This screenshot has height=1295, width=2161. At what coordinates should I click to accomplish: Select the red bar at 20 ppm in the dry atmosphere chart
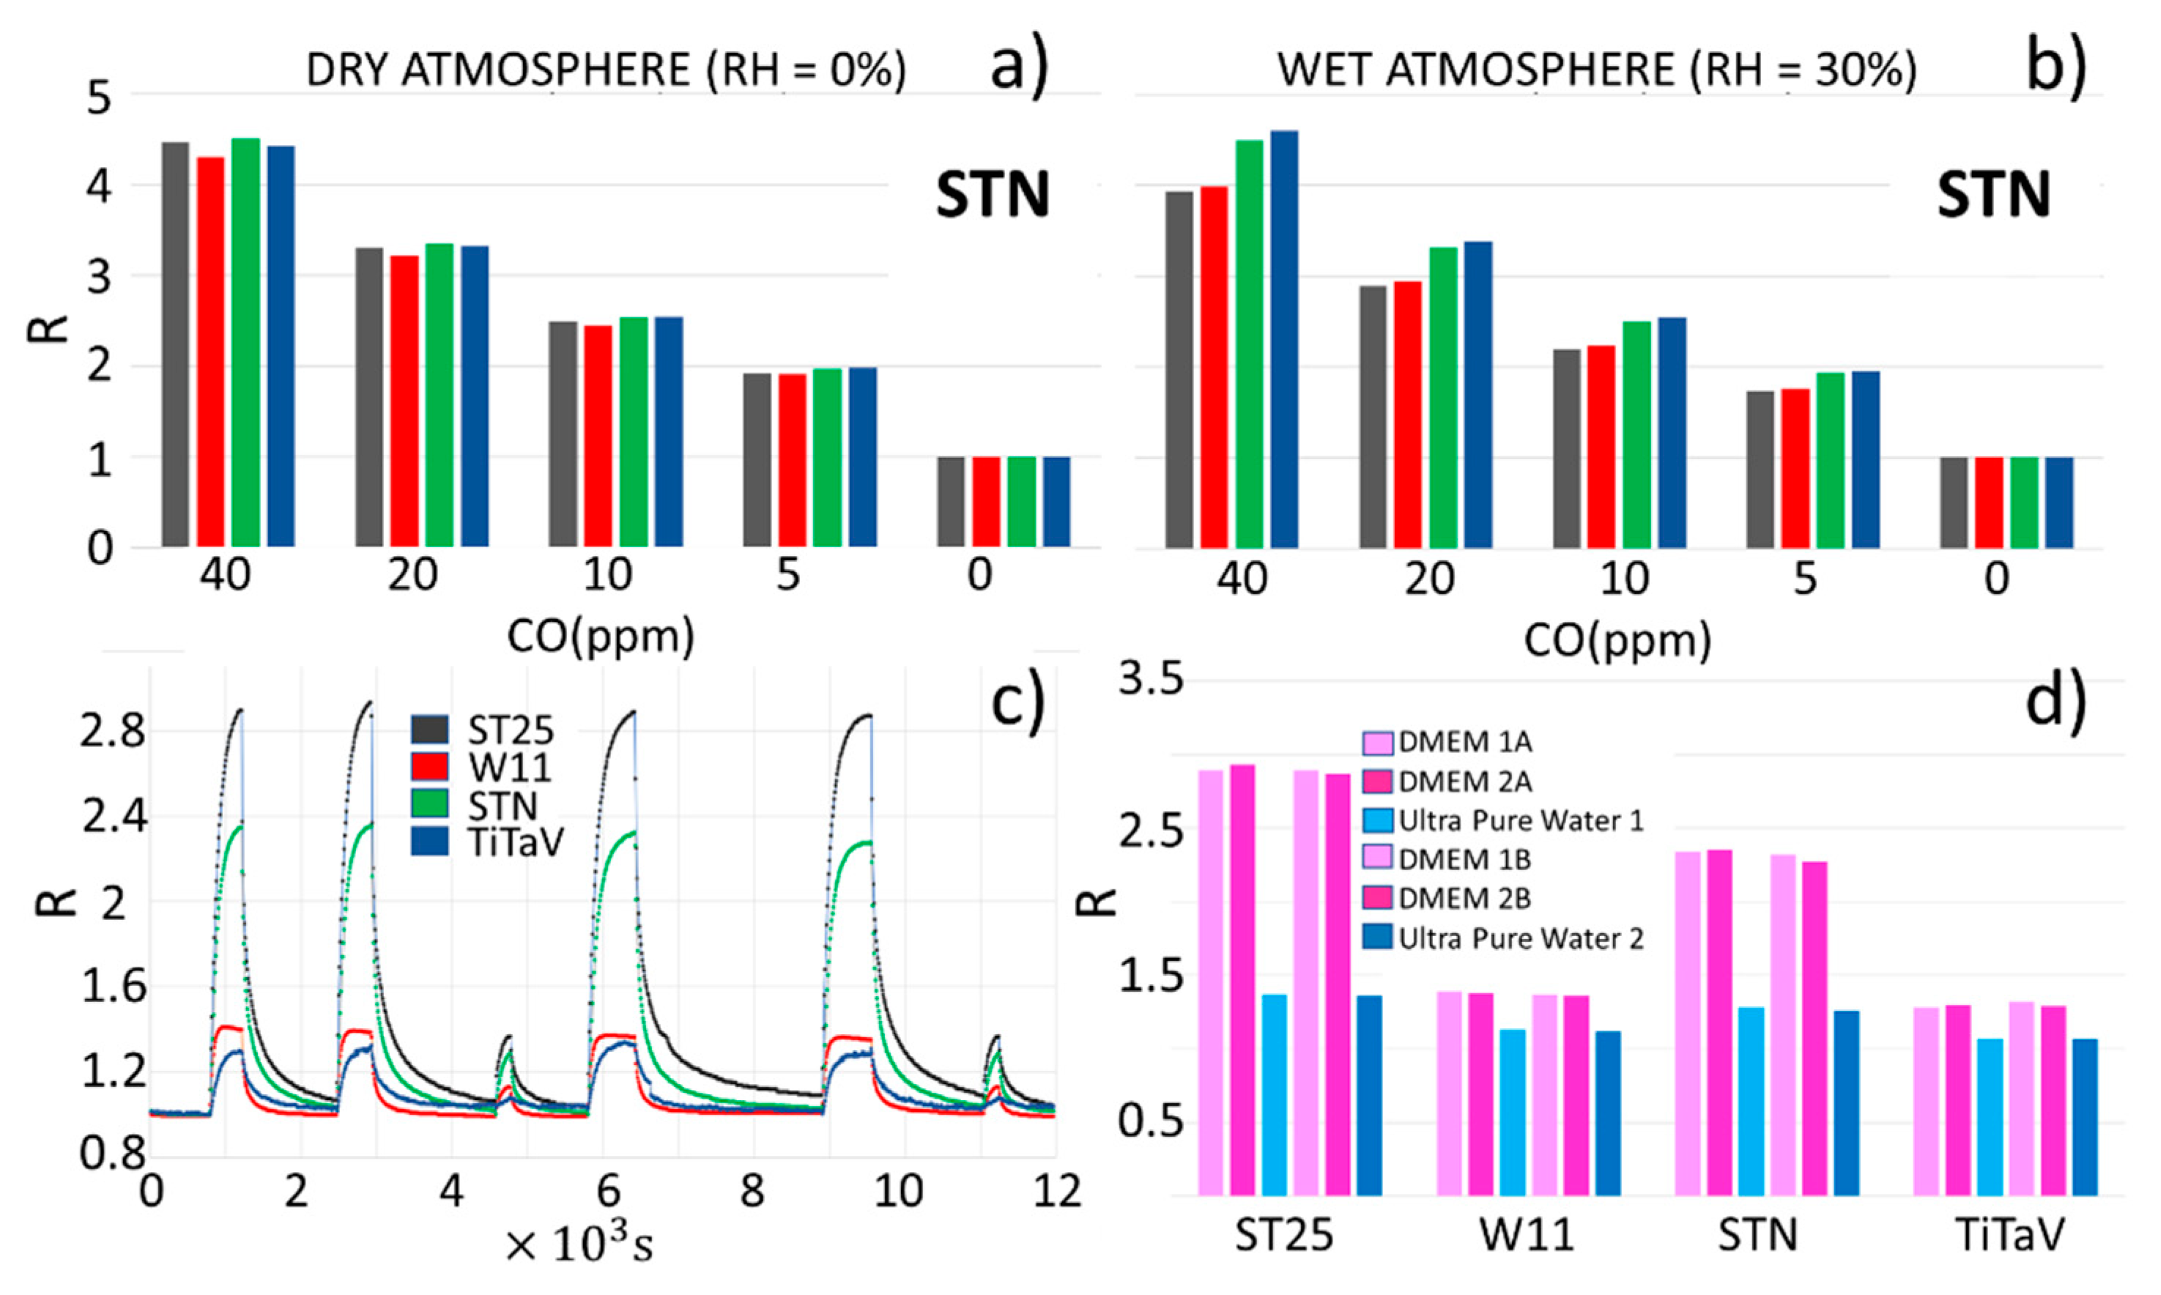coord(404,401)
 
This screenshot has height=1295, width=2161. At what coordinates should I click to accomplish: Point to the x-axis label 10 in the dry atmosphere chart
coord(607,575)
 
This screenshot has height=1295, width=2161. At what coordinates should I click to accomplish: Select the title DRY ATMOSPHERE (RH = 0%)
coord(606,70)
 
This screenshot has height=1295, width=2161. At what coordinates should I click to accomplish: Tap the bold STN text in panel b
coord(1993,195)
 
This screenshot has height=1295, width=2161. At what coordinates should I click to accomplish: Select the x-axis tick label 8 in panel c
coord(752,1191)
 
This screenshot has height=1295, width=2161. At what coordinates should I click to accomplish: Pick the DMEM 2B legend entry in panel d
coord(1464,898)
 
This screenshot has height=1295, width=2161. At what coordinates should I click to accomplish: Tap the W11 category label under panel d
coord(1527,1236)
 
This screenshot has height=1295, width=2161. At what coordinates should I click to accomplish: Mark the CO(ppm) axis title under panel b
coord(1617,642)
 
